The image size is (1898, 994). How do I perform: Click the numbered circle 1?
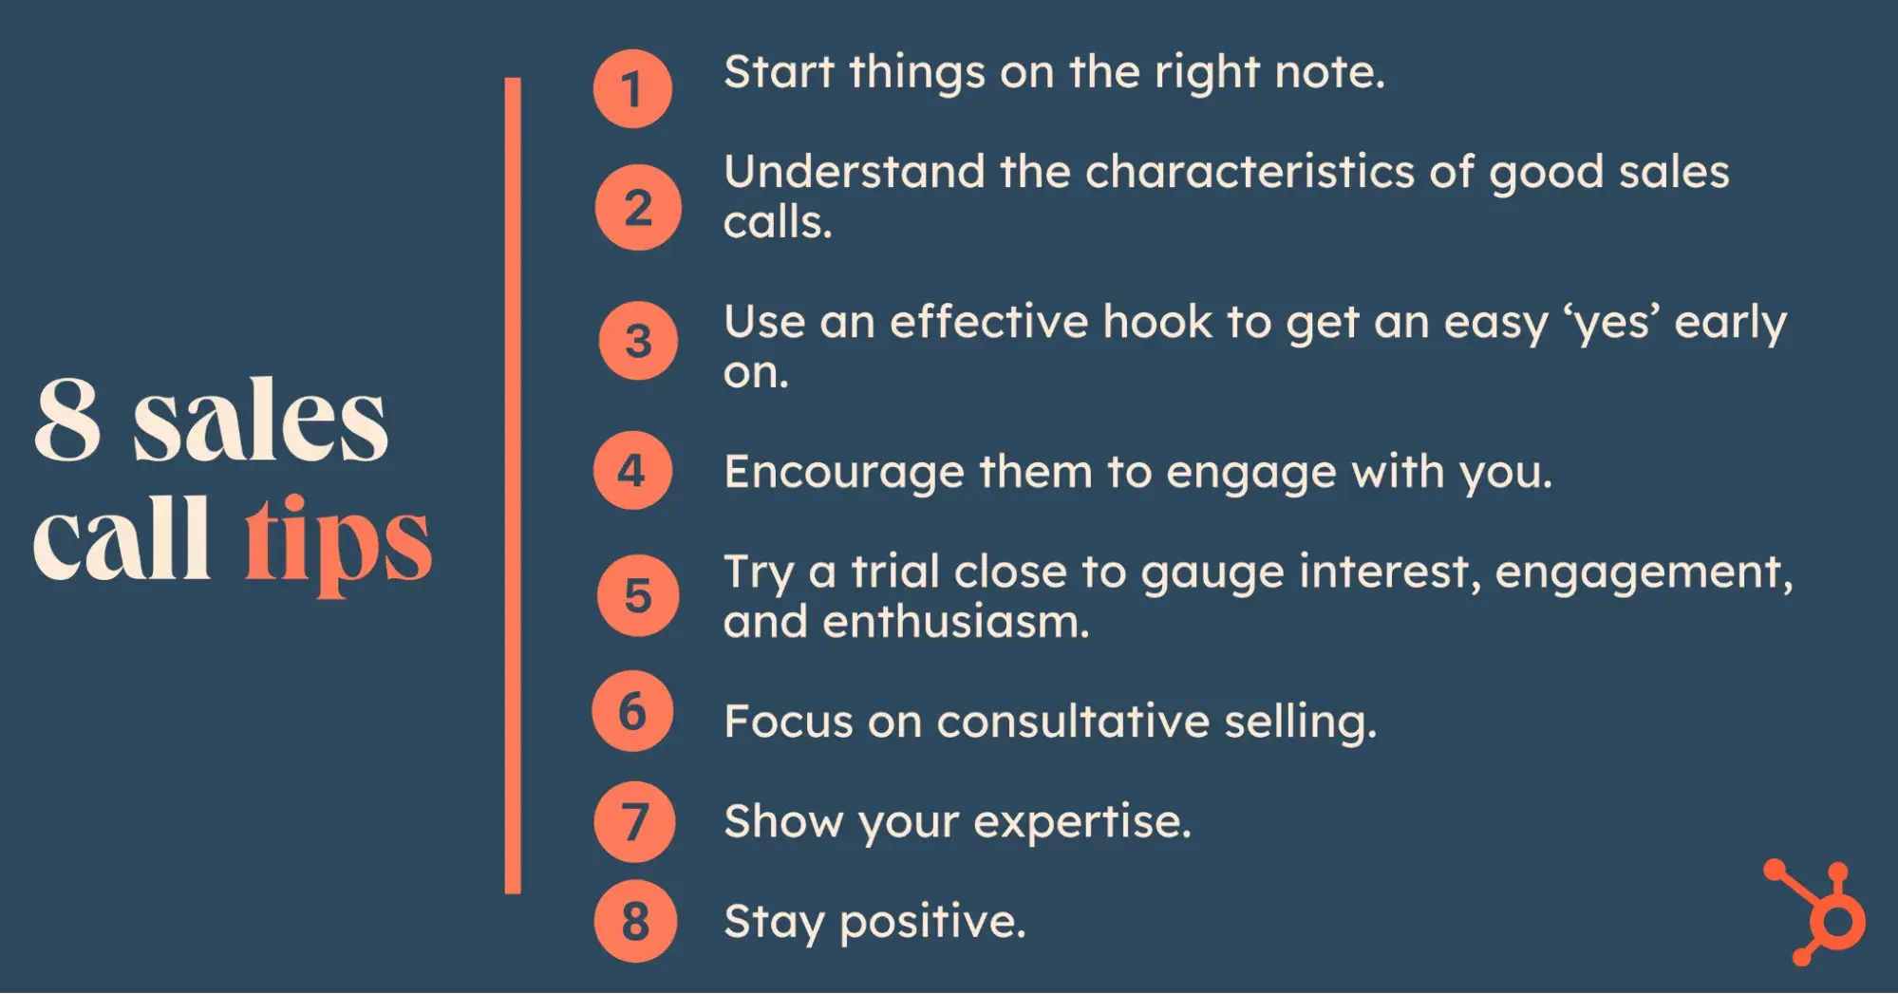(x=632, y=89)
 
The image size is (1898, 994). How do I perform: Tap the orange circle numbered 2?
(x=638, y=208)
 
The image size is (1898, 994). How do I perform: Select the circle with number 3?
(x=638, y=341)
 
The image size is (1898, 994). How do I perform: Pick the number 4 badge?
(x=632, y=470)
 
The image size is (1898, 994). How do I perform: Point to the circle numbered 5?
(x=638, y=595)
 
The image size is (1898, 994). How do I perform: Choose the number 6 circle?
(x=632, y=711)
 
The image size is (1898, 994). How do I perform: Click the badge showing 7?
(x=634, y=821)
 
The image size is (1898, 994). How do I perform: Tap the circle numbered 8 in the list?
(x=635, y=921)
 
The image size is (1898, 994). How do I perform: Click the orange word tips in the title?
(x=338, y=545)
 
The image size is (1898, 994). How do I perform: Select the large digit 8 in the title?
(x=67, y=419)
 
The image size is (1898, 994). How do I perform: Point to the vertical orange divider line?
(x=513, y=485)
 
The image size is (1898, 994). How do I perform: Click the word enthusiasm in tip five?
(x=956, y=623)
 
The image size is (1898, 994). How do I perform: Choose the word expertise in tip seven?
(x=1082, y=823)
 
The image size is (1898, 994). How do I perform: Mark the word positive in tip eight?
(x=933, y=923)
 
